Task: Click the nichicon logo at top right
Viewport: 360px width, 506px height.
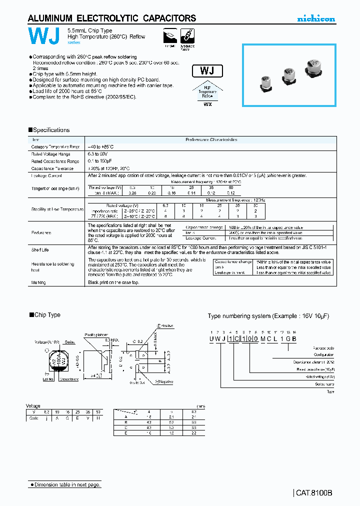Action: pyautogui.click(x=316, y=18)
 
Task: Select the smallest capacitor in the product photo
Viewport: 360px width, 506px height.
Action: pyautogui.click(x=267, y=82)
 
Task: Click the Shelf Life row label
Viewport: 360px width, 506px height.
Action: pyautogui.click(x=41, y=249)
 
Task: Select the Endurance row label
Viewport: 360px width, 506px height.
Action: pyautogui.click(x=41, y=232)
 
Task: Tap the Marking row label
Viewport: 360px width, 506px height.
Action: pyautogui.click(x=39, y=282)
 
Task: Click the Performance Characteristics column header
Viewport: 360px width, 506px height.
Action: pyautogui.click(x=211, y=140)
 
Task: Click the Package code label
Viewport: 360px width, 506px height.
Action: pyautogui.click(x=322, y=347)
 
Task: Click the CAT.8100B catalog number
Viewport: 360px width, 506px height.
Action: pyautogui.click(x=313, y=492)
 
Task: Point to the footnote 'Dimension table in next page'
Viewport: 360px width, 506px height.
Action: pyautogui.click(x=65, y=484)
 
